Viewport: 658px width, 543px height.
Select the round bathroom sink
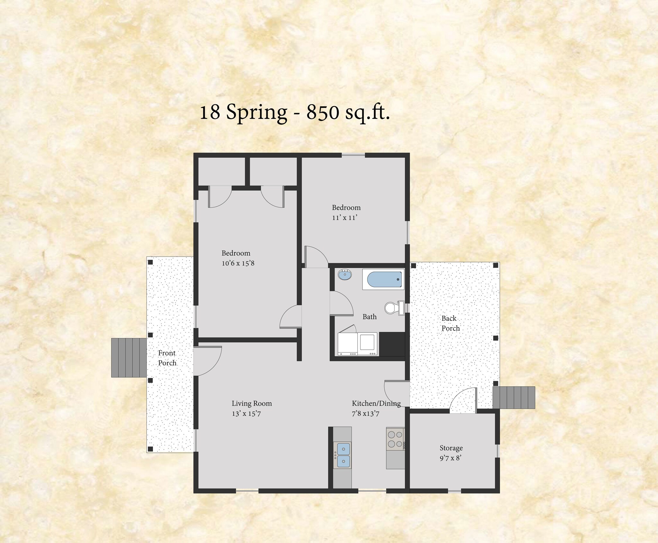click(x=345, y=275)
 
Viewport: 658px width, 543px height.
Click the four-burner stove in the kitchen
click(x=395, y=439)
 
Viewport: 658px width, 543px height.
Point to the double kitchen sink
click(x=343, y=456)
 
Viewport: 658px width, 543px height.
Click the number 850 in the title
click(x=323, y=112)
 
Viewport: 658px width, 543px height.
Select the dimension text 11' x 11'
click(x=345, y=218)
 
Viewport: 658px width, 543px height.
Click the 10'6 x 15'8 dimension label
click(x=238, y=263)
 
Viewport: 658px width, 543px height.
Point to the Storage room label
click(x=451, y=448)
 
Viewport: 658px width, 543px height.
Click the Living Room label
click(x=252, y=404)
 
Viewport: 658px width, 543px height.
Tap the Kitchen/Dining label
click(x=376, y=403)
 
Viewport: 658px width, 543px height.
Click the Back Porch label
click(x=450, y=323)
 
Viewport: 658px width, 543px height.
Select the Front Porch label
click(x=167, y=358)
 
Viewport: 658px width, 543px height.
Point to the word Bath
click(x=369, y=317)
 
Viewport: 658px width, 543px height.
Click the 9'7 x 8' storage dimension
click(x=450, y=458)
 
